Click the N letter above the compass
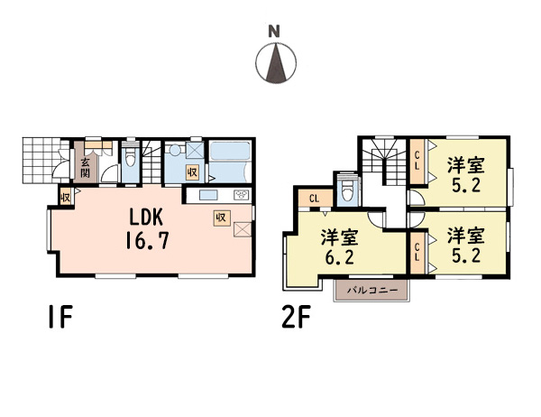click(x=274, y=32)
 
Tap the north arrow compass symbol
click(x=276, y=63)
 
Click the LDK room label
click(x=146, y=218)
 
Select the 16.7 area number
click(x=147, y=240)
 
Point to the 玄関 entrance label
click(x=85, y=167)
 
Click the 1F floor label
click(x=60, y=316)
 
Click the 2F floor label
click(x=296, y=316)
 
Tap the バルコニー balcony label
click(x=372, y=291)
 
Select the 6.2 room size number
click(x=340, y=257)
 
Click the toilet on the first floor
click(x=131, y=157)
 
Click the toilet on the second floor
click(x=346, y=190)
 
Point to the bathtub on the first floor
click(x=229, y=151)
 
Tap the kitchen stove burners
click(x=242, y=195)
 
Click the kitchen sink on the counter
click(x=208, y=195)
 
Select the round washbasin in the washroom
click(x=175, y=150)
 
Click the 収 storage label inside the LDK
click(x=221, y=218)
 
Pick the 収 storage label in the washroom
click(x=193, y=171)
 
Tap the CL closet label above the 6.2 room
click(x=315, y=199)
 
